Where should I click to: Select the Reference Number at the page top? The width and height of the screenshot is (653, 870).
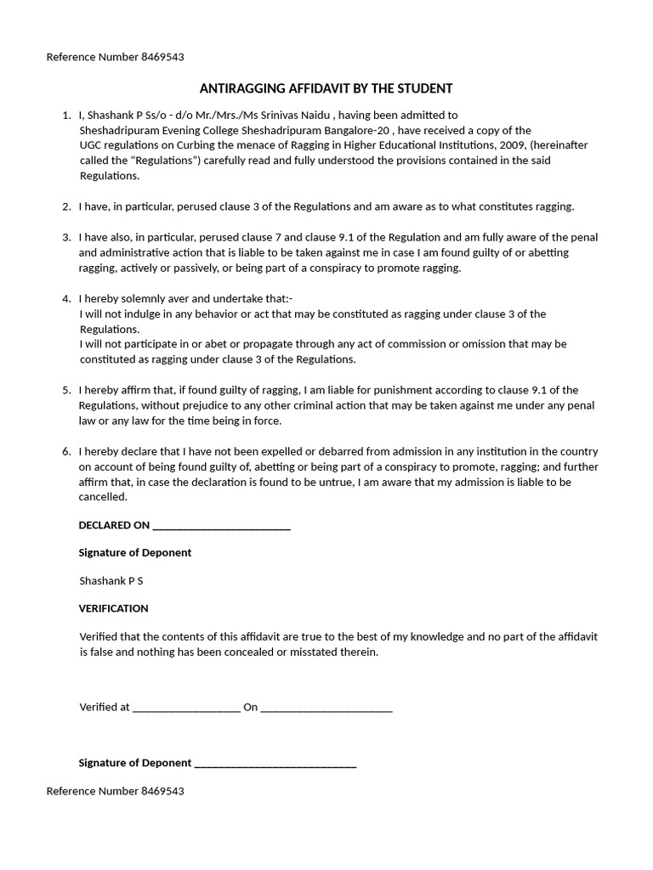point(115,57)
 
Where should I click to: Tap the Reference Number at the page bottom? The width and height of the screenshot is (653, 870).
point(115,791)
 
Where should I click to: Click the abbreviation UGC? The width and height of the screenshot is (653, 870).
point(91,145)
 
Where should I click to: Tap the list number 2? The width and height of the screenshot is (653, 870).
point(66,206)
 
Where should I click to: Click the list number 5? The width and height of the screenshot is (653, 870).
point(66,390)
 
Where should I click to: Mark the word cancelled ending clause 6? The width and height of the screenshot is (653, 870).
point(103,497)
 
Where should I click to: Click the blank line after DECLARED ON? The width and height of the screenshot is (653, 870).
point(221,526)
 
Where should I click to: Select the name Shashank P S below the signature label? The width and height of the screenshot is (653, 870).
point(111,581)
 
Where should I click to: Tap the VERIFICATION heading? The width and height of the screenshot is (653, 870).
point(113,608)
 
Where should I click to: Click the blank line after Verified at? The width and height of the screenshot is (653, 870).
point(186,708)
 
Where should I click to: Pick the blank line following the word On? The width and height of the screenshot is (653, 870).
point(326,708)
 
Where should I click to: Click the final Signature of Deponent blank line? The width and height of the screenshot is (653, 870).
point(275,764)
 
